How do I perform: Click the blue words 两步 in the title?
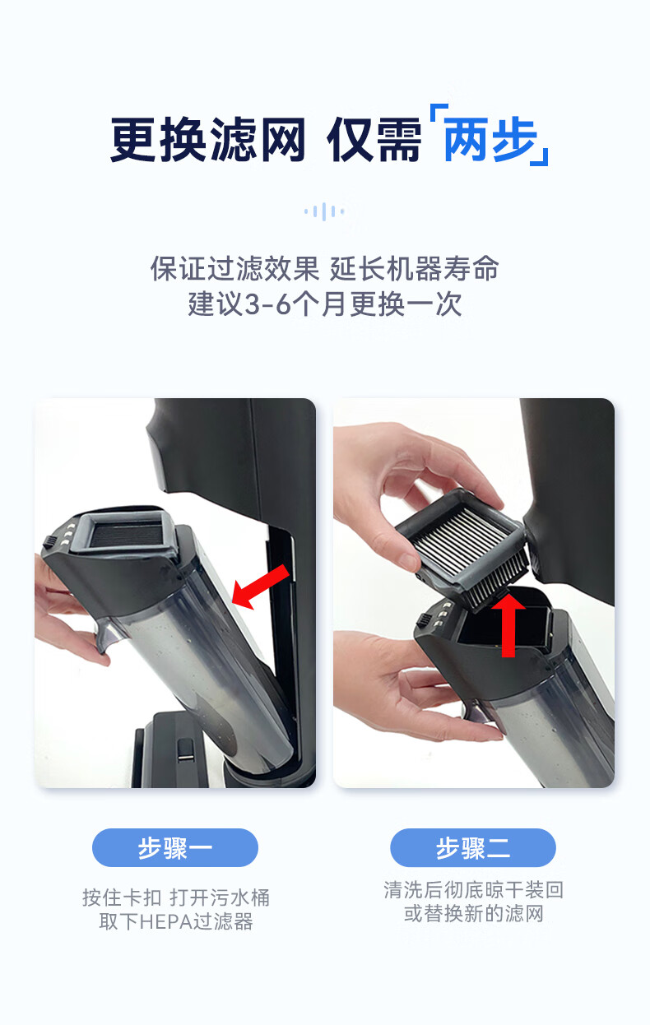[x=490, y=140]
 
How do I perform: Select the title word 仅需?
[x=374, y=140]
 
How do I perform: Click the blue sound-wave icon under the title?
[x=324, y=211]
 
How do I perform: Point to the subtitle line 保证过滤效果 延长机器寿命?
[x=324, y=269]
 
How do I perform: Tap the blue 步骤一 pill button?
[x=175, y=847]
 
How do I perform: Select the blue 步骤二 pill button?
[x=473, y=847]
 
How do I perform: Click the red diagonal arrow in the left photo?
[x=260, y=587]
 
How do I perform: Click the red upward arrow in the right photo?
[x=508, y=624]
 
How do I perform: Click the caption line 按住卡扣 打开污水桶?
[x=176, y=897]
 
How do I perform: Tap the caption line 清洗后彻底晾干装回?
[x=473, y=889]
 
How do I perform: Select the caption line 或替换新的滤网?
[x=473, y=914]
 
